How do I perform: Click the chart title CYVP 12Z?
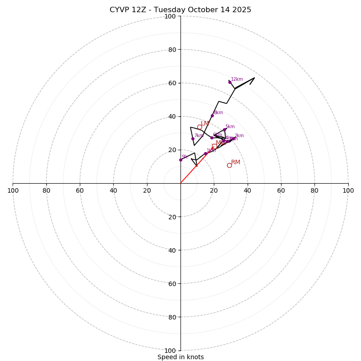180,10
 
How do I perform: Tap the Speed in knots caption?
180,357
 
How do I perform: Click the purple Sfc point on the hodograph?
180,160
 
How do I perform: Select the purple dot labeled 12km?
230,82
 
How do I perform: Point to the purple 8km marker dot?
212,116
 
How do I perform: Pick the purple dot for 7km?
193,139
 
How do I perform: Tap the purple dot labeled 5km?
224,130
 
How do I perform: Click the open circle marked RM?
229,166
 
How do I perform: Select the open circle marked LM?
199,127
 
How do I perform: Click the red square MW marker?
214,146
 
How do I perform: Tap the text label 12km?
237,79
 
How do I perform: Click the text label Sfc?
185,157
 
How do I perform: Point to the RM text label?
236,162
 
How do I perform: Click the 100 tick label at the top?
170,16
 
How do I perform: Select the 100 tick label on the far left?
13,190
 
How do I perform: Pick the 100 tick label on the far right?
348,190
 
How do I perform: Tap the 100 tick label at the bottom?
170,351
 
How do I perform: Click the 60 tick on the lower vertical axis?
171,284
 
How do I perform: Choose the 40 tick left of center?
114,190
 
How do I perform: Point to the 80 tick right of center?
315,190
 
